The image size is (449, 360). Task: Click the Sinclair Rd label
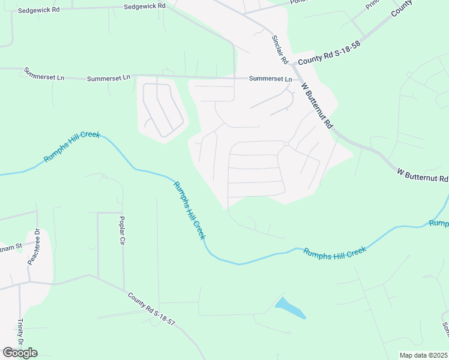pyautogui.click(x=280, y=50)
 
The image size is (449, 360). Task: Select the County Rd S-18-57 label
pyautogui.click(x=151, y=309)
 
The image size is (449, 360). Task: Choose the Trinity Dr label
pyautogui.click(x=20, y=332)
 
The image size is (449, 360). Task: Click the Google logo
pyautogui.click(x=20, y=353)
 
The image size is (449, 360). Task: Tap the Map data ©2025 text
pyautogui.click(x=423, y=355)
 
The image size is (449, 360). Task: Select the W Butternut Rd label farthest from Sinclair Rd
pyautogui.click(x=423, y=175)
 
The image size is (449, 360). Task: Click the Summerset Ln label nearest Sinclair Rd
pyautogui.click(x=270, y=79)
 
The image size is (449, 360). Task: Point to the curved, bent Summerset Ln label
pyautogui.click(x=43, y=74)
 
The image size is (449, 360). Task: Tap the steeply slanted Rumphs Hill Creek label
pyautogui.click(x=189, y=210)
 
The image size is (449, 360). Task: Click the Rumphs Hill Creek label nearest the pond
pyautogui.click(x=334, y=251)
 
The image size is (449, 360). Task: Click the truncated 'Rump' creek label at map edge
pyautogui.click(x=439, y=223)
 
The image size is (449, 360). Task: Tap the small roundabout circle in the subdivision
pyautogui.click(x=287, y=144)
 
